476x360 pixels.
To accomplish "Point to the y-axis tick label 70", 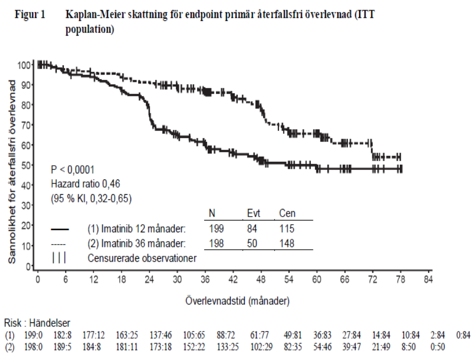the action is (26, 125).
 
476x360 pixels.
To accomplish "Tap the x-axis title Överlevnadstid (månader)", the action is (237, 301).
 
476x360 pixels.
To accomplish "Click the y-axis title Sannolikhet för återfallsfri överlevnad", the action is (12, 172).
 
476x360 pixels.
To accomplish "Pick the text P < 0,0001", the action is (73, 169).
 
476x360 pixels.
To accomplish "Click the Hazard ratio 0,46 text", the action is (85, 184).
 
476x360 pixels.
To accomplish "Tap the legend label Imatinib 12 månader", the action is (143, 229).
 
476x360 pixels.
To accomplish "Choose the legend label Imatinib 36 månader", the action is (143, 244).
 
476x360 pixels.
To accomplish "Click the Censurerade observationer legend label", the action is (142, 258).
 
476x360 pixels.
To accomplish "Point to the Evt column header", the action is (253, 213).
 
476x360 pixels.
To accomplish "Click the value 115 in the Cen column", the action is (287, 229).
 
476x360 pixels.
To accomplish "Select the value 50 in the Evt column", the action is (252, 244).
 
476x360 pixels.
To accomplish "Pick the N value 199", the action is (216, 229).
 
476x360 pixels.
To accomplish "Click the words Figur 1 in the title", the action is (30, 14).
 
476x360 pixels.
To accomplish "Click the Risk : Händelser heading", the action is (37, 323).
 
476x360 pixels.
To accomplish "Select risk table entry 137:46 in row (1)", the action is (161, 336).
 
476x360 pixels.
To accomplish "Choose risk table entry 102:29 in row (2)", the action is (262, 347).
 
